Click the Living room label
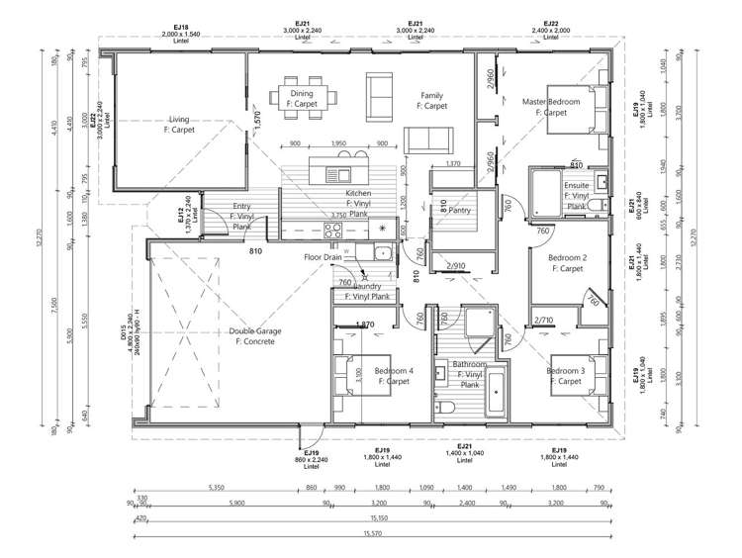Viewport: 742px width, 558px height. pyautogui.click(x=179, y=123)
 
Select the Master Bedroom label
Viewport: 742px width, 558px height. pyautogui.click(x=551, y=107)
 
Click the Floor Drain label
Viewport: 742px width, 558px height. pyautogui.click(x=322, y=257)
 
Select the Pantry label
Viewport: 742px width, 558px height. pyautogui.click(x=457, y=210)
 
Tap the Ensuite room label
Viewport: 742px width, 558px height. pyautogui.click(x=577, y=190)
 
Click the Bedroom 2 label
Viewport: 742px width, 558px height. pyautogui.click(x=570, y=263)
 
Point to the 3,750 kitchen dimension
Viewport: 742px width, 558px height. pyautogui.click(x=337, y=215)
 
